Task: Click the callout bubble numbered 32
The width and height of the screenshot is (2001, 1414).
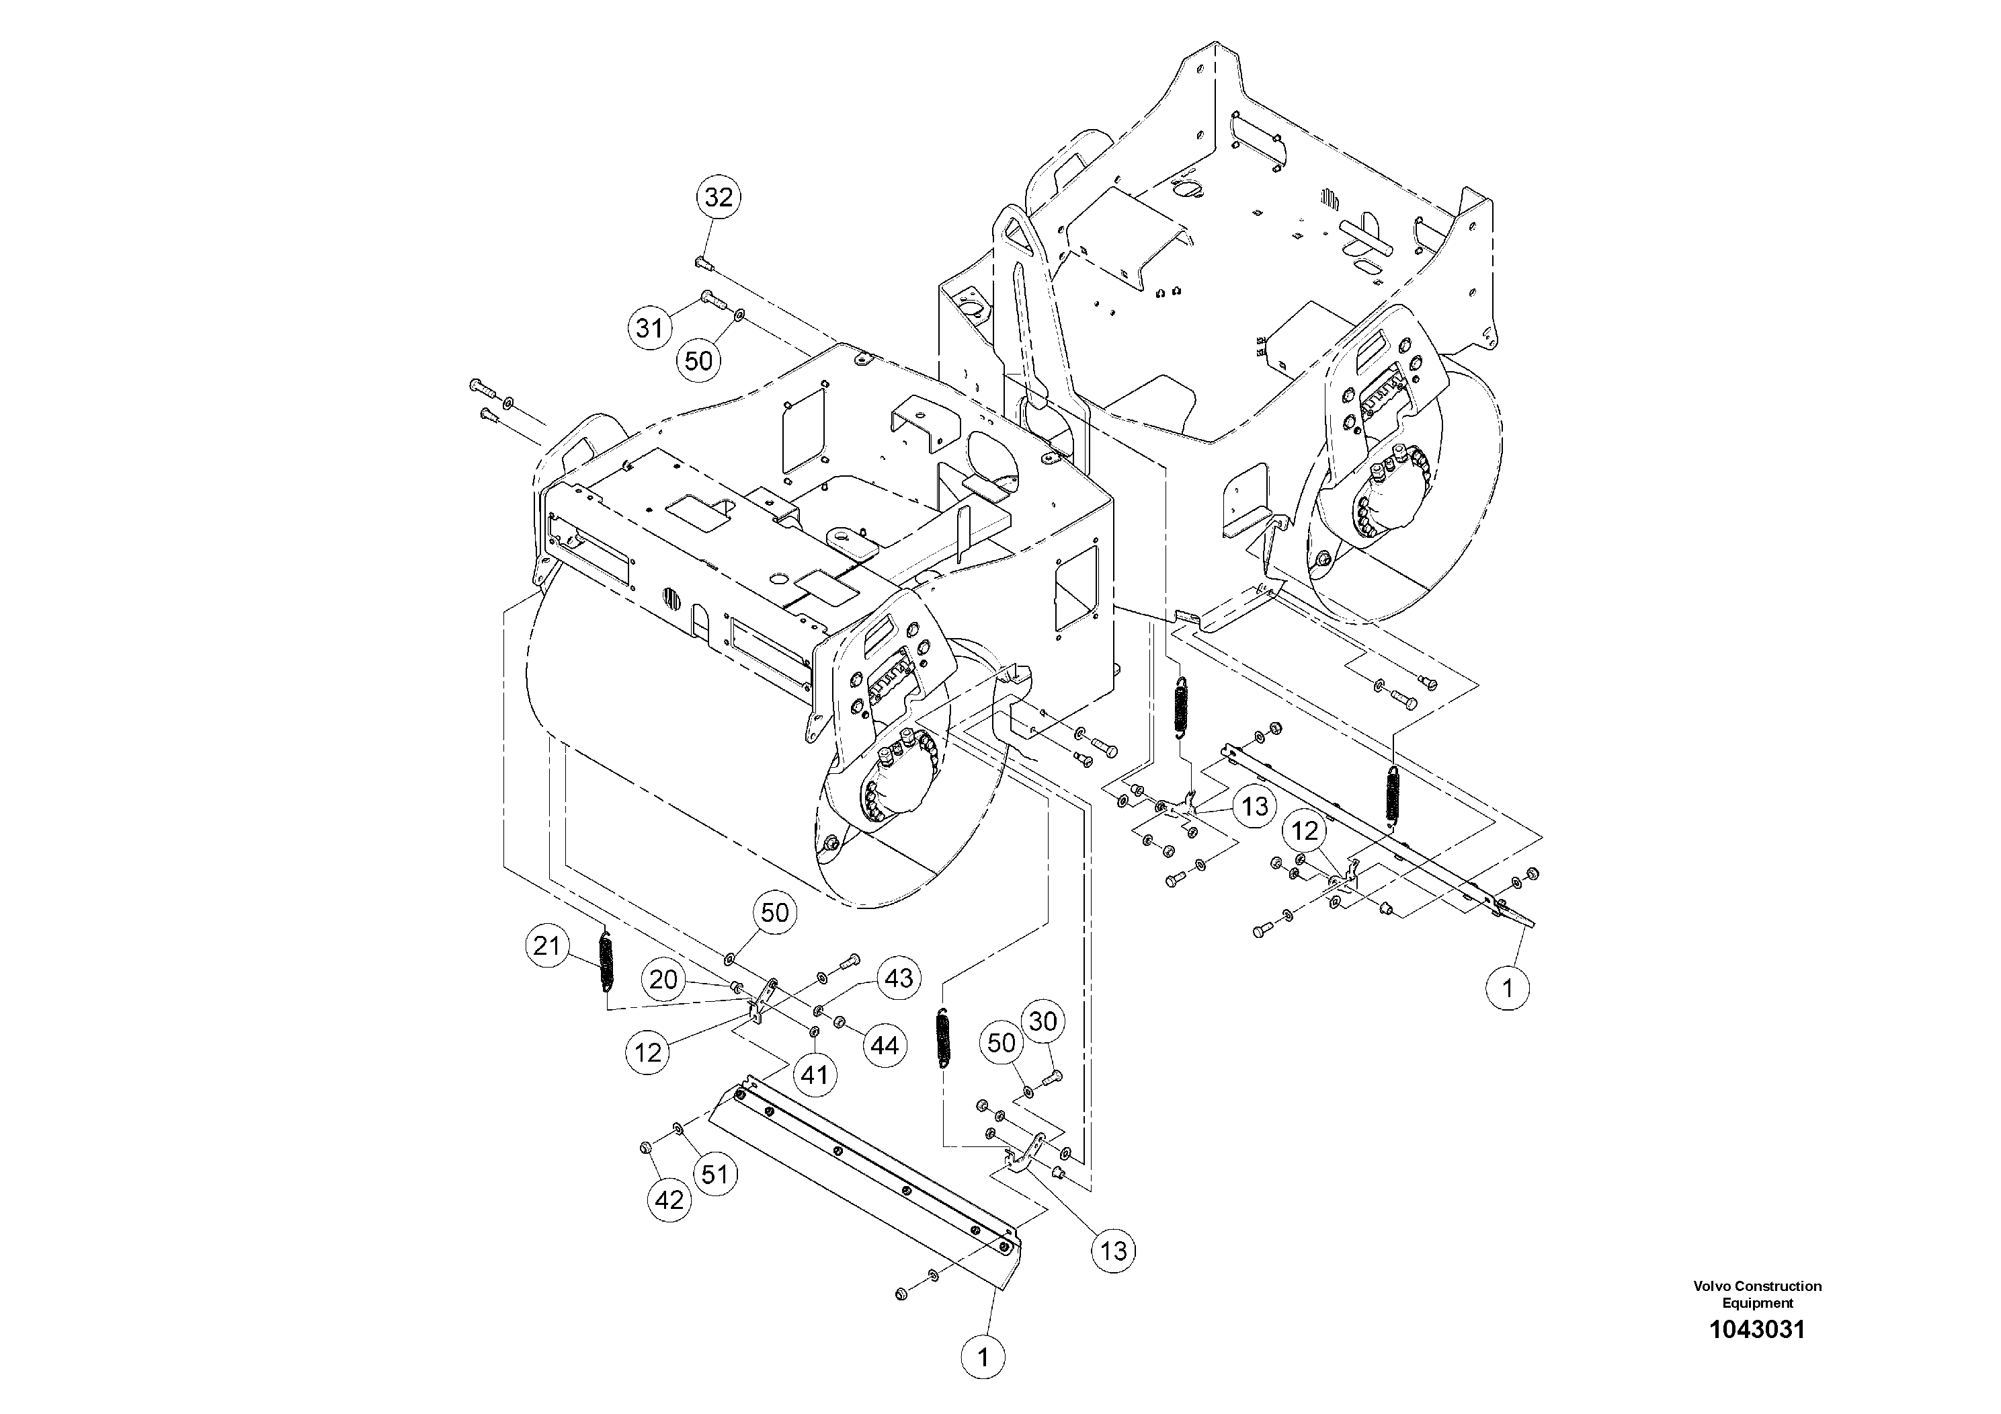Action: pos(719,197)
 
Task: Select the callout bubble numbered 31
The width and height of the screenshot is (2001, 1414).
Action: pos(649,328)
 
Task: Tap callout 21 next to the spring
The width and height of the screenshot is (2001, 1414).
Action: pos(546,946)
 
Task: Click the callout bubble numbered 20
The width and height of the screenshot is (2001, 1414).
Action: pos(663,979)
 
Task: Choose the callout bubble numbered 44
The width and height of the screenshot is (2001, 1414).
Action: pos(885,1046)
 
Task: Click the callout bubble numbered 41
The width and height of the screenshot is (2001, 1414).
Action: pos(814,1075)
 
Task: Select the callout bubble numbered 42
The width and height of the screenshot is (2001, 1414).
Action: pos(669,1200)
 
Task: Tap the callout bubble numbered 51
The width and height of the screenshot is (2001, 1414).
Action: pos(714,1174)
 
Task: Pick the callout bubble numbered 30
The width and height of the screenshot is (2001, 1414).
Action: pos(1043,1022)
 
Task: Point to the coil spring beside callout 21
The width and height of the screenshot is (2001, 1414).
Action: pos(606,962)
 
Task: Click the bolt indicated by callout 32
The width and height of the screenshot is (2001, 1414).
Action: pos(702,262)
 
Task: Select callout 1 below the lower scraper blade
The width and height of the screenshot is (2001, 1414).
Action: pos(983,1358)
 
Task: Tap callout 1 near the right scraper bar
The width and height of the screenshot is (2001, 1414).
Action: pos(1508,988)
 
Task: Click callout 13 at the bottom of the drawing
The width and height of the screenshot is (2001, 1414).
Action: pos(1114,1252)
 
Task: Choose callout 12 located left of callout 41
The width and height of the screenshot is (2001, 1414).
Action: pos(647,1053)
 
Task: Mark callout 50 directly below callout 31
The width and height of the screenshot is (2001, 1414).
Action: pos(699,360)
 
